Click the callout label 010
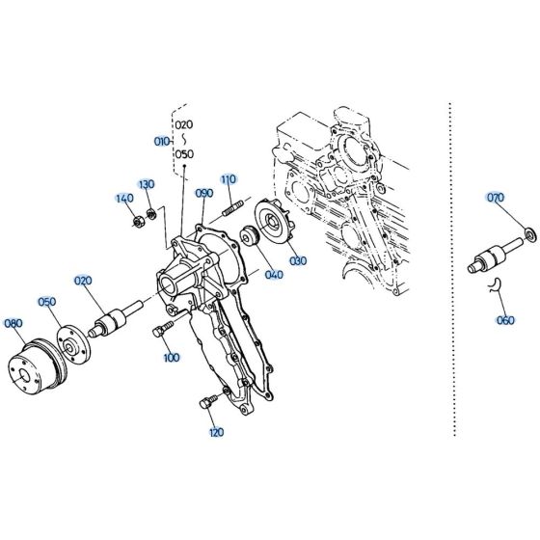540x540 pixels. click(161, 142)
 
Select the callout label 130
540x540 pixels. click(146, 184)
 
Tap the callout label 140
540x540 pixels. click(124, 199)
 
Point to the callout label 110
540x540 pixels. click(228, 179)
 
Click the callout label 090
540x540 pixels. click(203, 194)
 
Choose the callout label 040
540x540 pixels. click(275, 275)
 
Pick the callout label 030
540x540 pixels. click(297, 260)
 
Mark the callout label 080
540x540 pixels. click(13, 323)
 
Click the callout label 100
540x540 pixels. click(172, 358)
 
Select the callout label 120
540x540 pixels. click(215, 432)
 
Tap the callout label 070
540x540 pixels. click(496, 198)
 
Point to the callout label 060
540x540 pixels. click(505, 320)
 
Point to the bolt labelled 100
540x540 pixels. click(159, 332)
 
